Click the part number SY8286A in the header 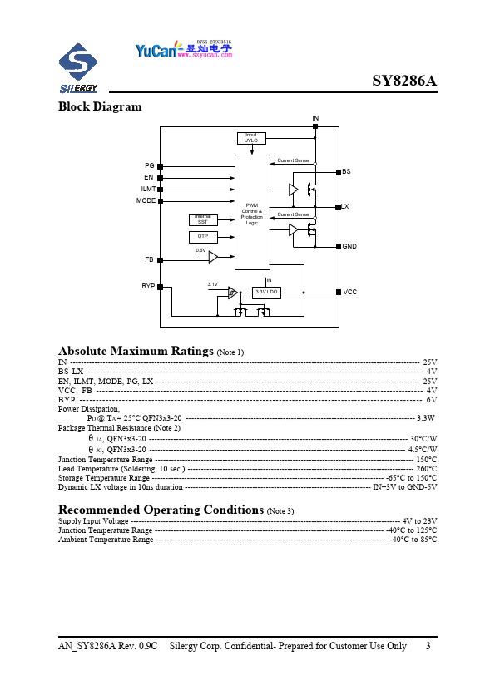pyautogui.click(x=403, y=81)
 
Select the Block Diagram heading pyautogui.click(x=100, y=106)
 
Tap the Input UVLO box pyautogui.click(x=250, y=138)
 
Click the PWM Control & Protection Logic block pyautogui.click(x=252, y=213)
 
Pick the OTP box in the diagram pyautogui.click(x=202, y=237)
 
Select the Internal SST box pyautogui.click(x=202, y=219)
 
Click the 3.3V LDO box pyautogui.click(x=267, y=293)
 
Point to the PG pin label pyautogui.click(x=150, y=166)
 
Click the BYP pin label pyautogui.click(x=148, y=286)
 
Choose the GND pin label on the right pyautogui.click(x=349, y=247)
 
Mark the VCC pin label pyautogui.click(x=349, y=293)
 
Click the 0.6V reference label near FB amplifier pyautogui.click(x=200, y=250)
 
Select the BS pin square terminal pyautogui.click(x=338, y=171)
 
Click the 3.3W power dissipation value pyautogui.click(x=426, y=417)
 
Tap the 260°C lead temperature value pyautogui.click(x=426, y=469)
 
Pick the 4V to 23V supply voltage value pyautogui.click(x=419, y=520)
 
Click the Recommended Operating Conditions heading pyautogui.click(x=161, y=509)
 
